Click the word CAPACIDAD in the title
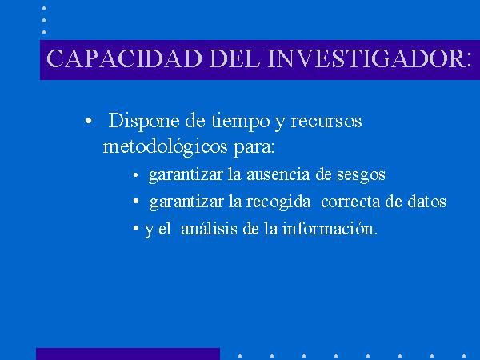click(124, 58)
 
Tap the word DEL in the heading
click(234, 58)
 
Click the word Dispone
click(144, 122)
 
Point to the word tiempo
click(240, 122)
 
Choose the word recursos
click(326, 122)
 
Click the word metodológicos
click(166, 147)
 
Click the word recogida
click(278, 202)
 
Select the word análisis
click(209, 229)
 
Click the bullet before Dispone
click(88, 121)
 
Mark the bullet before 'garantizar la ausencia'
click(136, 175)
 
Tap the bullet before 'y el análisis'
click(136, 228)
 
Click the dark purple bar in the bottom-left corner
click(128, 354)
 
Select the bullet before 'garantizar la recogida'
click(136, 201)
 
